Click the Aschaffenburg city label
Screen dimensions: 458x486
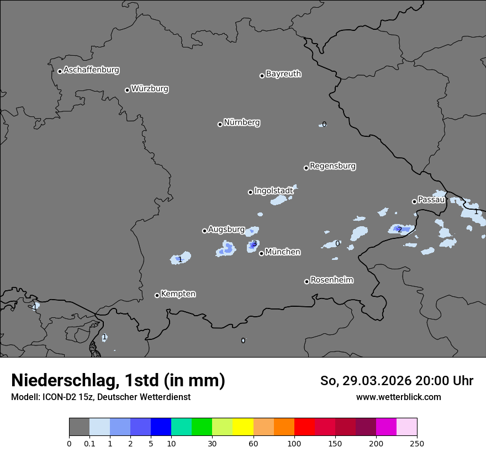91,70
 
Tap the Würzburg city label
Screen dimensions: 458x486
150,89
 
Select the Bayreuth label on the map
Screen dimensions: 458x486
283,74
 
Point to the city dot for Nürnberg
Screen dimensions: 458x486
220,124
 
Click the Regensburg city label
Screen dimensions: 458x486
332,166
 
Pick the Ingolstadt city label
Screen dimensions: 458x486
273,190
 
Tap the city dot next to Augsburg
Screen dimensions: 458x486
204,231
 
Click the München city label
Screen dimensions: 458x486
283,252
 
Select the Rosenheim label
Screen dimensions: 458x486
331,280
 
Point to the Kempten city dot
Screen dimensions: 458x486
157,295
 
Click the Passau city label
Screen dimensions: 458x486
431,200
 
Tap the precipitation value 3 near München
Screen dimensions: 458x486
255,243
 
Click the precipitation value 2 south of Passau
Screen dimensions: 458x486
400,230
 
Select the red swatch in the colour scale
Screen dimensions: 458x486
304,427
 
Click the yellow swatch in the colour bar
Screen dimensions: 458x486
243,427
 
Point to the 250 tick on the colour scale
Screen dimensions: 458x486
417,444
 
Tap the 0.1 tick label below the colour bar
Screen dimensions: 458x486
89,444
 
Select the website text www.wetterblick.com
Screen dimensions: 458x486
398,397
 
